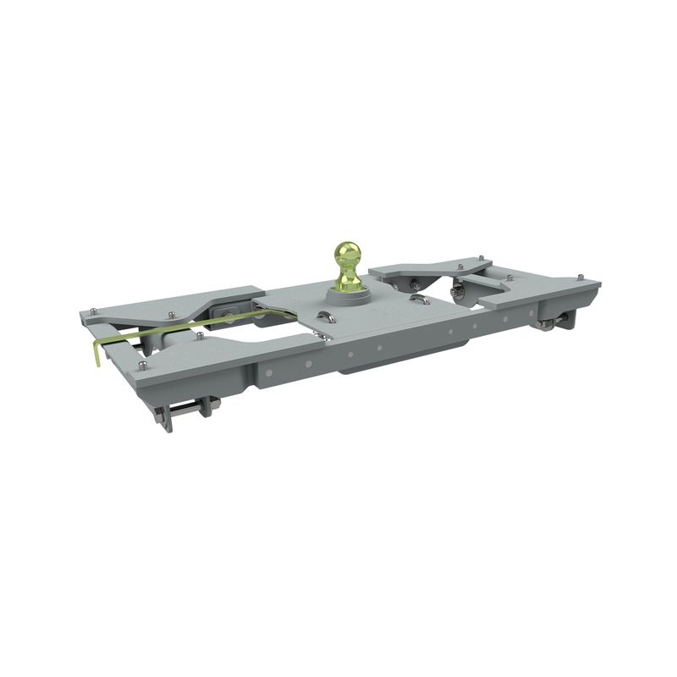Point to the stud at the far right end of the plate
(x=580, y=277)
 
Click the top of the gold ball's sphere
(x=350, y=246)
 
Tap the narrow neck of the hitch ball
(x=350, y=275)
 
